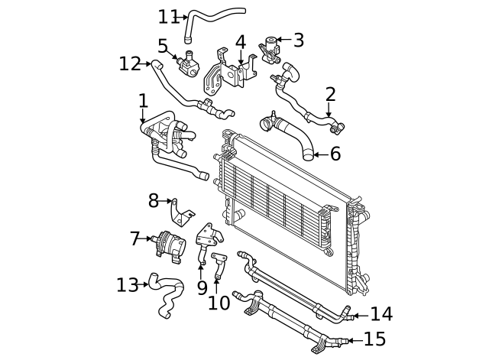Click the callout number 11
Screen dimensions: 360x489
point(167,16)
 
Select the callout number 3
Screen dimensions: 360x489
point(298,40)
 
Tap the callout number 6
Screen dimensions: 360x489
point(334,154)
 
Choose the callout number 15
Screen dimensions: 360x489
point(374,339)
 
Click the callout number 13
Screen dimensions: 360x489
point(127,285)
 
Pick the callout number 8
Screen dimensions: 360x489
point(153,201)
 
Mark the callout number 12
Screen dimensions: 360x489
point(130,63)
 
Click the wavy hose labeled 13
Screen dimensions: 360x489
point(167,294)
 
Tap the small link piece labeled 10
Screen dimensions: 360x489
point(219,264)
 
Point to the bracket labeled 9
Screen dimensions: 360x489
point(206,241)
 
